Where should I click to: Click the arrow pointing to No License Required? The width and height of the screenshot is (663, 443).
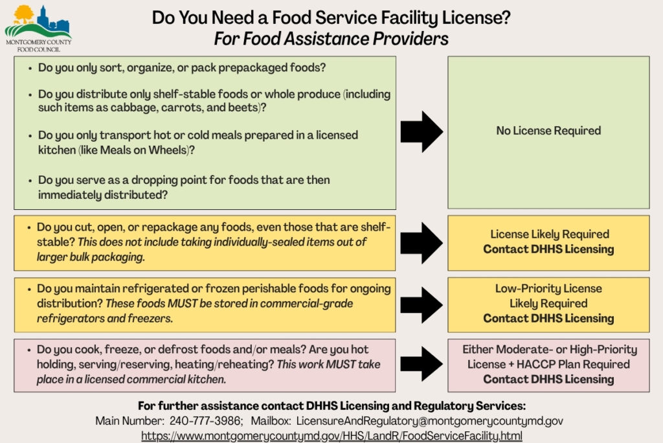click(x=421, y=131)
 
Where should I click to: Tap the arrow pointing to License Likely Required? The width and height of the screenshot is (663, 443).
click(x=421, y=242)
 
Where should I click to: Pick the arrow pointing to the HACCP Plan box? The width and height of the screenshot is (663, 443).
click(x=421, y=364)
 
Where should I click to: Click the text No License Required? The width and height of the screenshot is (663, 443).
click(x=548, y=131)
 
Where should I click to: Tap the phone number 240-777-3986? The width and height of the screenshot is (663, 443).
click(x=206, y=421)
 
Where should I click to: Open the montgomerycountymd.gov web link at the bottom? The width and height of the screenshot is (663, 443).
click(x=331, y=436)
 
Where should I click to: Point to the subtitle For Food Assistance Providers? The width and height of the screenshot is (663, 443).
click(x=331, y=39)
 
